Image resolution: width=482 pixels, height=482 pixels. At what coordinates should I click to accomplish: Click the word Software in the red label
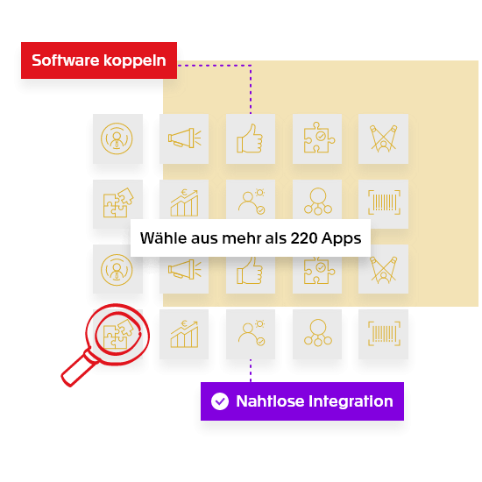point(66,60)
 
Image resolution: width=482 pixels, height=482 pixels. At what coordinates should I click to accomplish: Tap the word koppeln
point(135,60)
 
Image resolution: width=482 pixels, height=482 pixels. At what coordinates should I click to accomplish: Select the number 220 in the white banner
point(304,237)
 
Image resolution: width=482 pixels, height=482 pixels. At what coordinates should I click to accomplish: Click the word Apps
point(341,238)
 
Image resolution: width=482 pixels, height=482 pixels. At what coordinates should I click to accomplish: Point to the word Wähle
point(163,237)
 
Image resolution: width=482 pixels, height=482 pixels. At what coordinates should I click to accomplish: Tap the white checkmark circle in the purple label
point(220,401)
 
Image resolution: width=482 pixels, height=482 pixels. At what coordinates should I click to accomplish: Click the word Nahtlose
point(270,401)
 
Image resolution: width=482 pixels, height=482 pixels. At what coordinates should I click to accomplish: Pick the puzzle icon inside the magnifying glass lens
point(118,334)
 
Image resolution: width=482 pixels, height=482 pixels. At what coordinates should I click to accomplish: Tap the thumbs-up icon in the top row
point(250,138)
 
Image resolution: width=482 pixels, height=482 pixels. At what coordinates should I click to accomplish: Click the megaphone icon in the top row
point(184,138)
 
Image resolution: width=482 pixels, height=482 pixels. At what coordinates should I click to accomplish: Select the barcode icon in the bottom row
point(384,334)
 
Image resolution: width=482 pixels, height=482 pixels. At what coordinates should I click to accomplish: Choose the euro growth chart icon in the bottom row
point(184,334)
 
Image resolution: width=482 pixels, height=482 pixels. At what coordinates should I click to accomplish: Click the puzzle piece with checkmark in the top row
point(319,138)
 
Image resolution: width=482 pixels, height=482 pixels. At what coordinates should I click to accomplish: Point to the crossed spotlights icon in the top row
point(384,138)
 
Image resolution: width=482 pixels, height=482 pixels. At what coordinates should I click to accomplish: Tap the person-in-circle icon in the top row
point(117,138)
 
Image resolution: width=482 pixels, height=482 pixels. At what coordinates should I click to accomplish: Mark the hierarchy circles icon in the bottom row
point(318,333)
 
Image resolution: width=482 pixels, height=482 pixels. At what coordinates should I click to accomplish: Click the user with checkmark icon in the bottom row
point(252,334)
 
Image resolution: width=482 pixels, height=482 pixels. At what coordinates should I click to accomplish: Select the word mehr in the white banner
point(242,237)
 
